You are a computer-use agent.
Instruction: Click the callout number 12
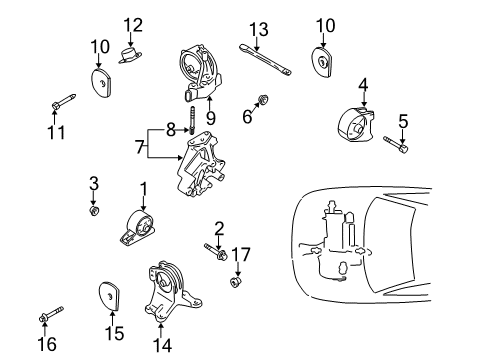pyautogui.click(x=133, y=24)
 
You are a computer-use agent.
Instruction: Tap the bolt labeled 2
pyautogui.click(x=214, y=251)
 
